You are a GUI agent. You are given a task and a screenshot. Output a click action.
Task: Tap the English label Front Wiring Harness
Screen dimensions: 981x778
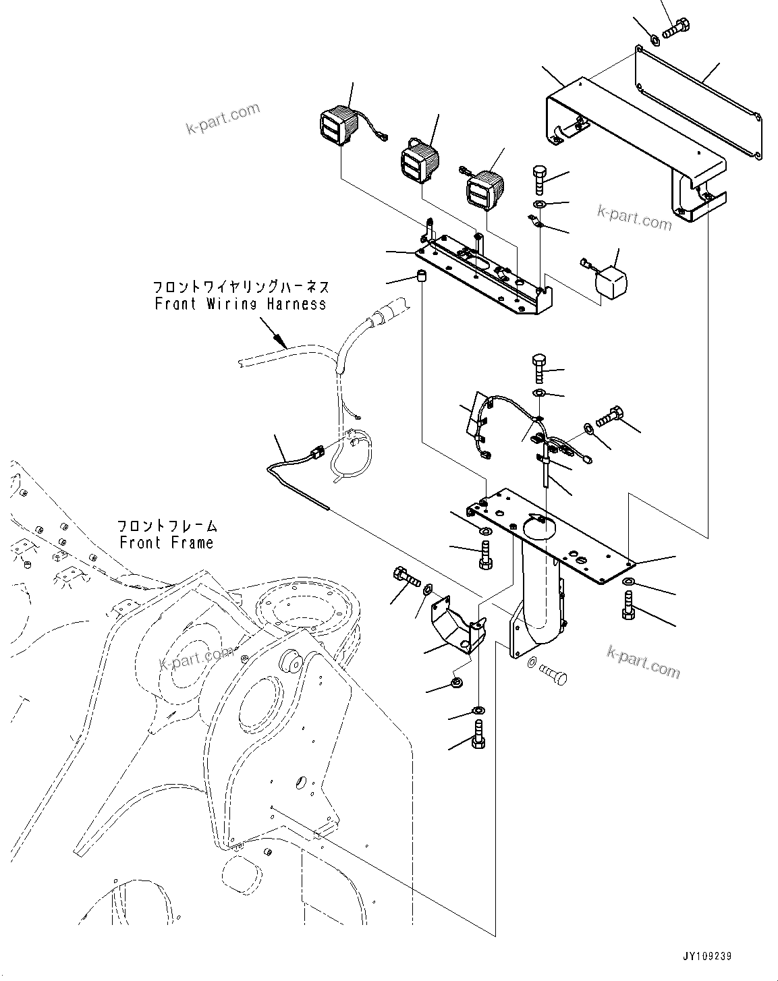240,304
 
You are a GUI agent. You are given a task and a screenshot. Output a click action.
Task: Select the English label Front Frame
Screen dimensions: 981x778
166,542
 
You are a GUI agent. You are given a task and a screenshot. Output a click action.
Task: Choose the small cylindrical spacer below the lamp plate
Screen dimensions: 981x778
420,277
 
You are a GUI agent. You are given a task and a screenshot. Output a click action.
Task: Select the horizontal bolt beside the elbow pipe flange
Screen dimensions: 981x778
553,675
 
